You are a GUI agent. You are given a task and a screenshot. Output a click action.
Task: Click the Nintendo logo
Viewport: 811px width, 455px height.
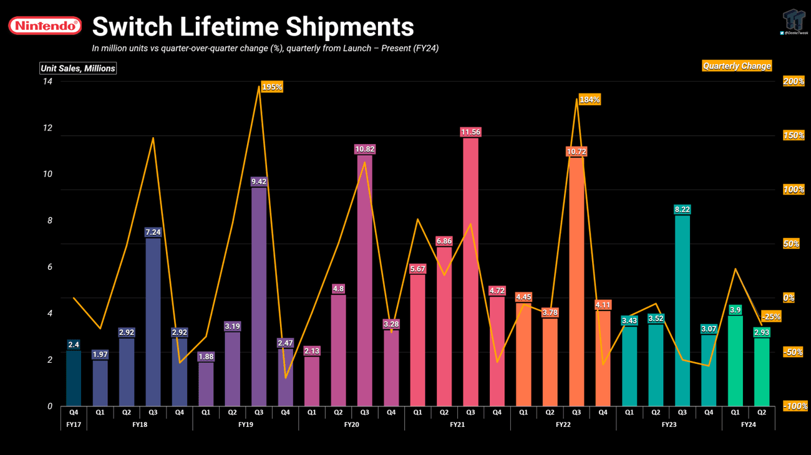click(x=44, y=26)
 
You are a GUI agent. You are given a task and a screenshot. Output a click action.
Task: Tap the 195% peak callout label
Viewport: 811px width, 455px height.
click(x=271, y=87)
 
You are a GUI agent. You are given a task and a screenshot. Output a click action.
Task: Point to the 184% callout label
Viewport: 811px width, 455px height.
click(x=590, y=100)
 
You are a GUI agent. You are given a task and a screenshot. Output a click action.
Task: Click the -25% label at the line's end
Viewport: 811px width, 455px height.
click(x=771, y=317)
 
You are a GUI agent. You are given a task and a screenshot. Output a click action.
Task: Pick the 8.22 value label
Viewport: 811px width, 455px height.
click(x=682, y=209)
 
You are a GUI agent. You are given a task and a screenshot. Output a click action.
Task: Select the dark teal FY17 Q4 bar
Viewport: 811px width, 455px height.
click(x=74, y=378)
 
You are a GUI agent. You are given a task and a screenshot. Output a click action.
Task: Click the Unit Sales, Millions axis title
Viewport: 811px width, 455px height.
click(x=78, y=69)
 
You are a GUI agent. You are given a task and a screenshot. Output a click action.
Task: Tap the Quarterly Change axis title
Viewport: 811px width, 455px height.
click(x=737, y=66)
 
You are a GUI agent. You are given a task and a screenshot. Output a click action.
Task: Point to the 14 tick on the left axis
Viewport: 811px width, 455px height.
click(x=47, y=82)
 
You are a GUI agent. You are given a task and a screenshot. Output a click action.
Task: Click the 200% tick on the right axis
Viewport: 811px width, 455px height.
click(x=793, y=82)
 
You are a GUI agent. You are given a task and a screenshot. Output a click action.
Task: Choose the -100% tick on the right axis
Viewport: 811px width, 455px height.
click(x=795, y=406)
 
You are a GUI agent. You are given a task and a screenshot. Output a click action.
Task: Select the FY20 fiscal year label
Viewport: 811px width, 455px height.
click(x=351, y=424)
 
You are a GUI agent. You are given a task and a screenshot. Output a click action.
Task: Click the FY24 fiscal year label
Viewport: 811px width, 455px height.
click(x=748, y=424)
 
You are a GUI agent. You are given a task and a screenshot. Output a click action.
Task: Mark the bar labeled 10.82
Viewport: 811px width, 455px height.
click(x=364, y=280)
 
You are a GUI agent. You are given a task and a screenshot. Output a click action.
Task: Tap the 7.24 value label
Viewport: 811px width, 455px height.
click(x=153, y=232)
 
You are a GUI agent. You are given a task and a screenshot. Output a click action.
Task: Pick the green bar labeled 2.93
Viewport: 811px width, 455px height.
click(x=762, y=372)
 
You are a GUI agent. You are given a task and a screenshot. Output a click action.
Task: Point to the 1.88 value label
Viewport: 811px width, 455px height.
click(x=206, y=357)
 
